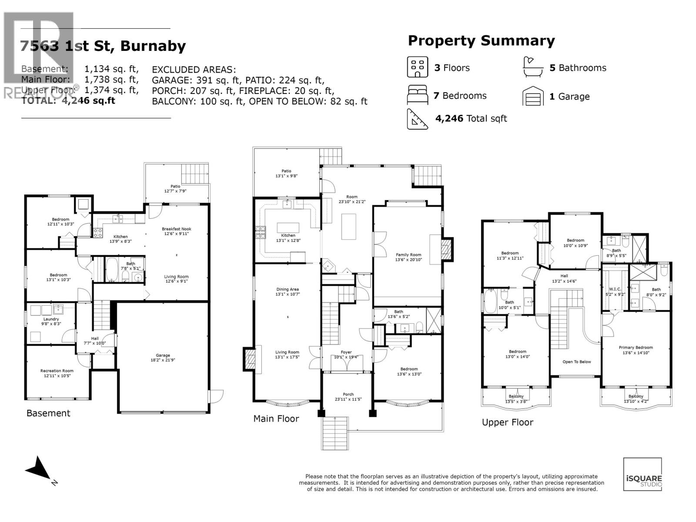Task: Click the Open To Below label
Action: pos(576,361)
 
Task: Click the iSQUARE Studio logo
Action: pos(642,475)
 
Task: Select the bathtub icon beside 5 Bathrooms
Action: pos(533,67)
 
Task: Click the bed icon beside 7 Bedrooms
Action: pos(417,95)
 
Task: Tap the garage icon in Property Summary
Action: pos(533,96)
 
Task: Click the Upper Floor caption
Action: pos(507,422)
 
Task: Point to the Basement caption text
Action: pos(48,413)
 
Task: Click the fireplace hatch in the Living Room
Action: pos(250,358)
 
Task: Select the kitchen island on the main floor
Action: pos(288,228)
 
